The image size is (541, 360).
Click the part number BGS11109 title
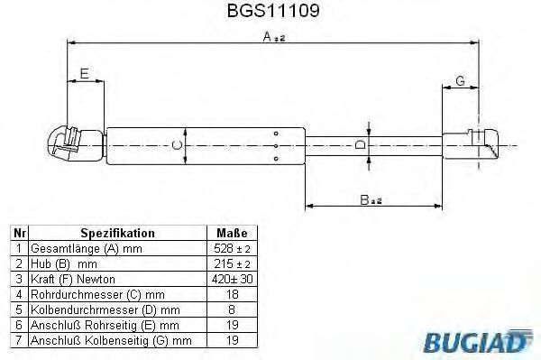(273, 11)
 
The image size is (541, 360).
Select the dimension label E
(85, 73)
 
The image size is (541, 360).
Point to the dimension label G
(460, 81)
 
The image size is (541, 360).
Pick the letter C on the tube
(177, 145)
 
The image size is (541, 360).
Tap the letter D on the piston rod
(360, 144)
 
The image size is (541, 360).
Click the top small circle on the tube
(276, 134)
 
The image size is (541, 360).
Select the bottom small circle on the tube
(276, 159)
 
